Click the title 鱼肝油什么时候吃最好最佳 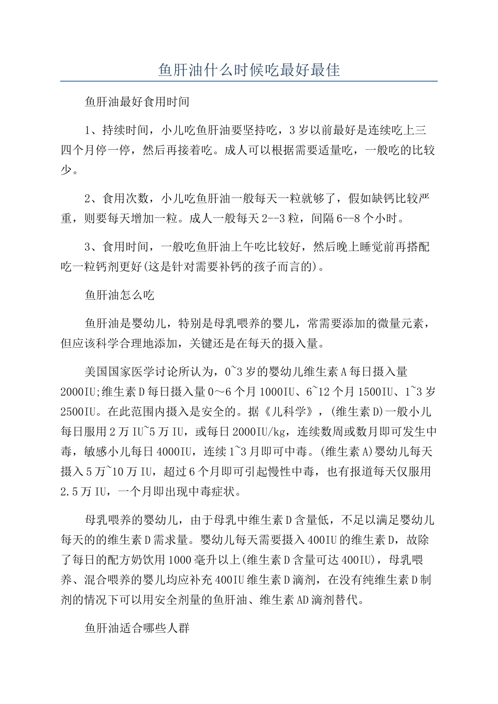point(249,70)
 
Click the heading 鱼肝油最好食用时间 point(137,102)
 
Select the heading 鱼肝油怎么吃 point(120,295)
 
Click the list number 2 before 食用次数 point(88,199)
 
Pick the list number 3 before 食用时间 point(88,247)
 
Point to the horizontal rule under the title point(249,81)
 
